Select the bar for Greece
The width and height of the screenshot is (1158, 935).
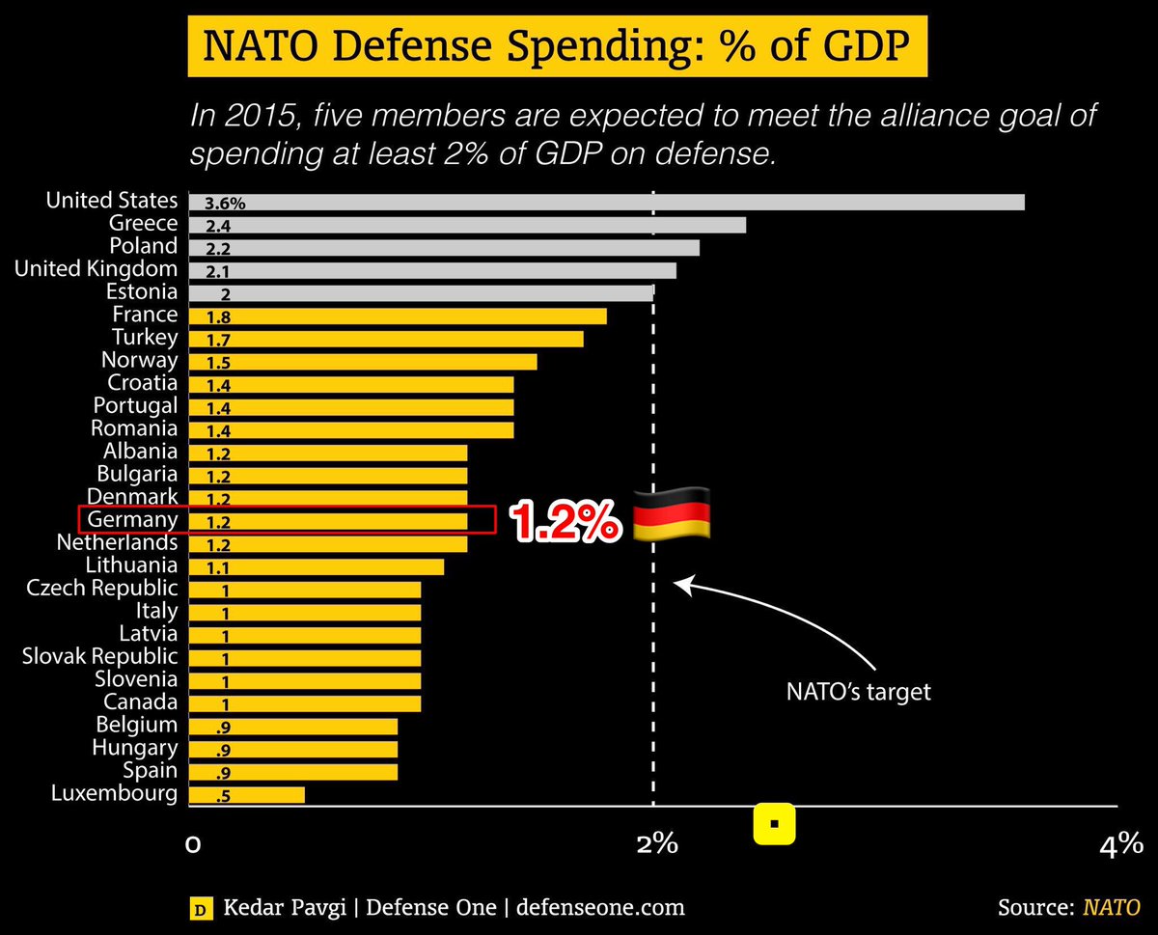[467, 225]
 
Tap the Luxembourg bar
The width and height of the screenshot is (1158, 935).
[247, 794]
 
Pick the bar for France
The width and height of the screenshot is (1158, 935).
[398, 316]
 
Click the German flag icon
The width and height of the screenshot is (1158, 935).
[672, 513]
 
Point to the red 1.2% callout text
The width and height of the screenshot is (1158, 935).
[565, 521]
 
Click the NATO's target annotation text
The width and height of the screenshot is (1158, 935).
[857, 692]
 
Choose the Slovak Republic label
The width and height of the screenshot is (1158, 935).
[100, 656]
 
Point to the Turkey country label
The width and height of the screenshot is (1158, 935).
[145, 338]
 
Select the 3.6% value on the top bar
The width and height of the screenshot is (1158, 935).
[225, 204]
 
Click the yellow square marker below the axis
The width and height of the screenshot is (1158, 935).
[773, 825]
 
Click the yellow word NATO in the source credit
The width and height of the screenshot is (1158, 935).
[1111, 908]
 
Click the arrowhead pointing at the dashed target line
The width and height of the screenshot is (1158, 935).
[679, 584]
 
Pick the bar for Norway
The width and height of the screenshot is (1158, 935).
[363, 362]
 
